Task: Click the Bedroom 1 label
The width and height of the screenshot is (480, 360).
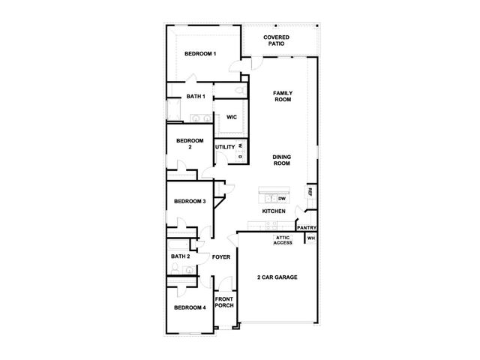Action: (x=200, y=54)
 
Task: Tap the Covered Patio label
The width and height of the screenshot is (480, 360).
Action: (x=276, y=40)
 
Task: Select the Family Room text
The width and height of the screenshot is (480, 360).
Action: (x=283, y=96)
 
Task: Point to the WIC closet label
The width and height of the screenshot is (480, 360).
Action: (x=232, y=117)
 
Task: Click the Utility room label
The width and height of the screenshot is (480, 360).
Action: (x=225, y=147)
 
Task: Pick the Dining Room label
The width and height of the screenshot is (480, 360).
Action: (x=282, y=160)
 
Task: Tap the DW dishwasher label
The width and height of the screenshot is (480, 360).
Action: (x=282, y=199)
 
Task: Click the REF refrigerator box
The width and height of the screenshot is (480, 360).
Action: (x=310, y=192)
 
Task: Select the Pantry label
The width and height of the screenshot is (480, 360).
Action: (x=307, y=228)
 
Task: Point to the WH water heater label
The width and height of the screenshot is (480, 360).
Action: (x=310, y=238)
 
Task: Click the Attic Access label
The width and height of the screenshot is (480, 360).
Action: (x=283, y=240)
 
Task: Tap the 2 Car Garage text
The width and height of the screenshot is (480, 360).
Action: (x=277, y=277)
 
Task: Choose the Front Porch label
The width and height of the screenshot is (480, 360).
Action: (x=224, y=302)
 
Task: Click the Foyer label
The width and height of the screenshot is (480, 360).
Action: (x=221, y=257)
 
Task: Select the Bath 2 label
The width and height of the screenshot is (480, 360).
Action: (x=180, y=256)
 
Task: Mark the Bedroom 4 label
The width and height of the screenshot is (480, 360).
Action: (x=190, y=307)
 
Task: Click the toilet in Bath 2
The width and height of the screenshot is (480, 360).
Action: (x=175, y=268)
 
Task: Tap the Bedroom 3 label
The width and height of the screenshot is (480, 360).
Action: (x=190, y=202)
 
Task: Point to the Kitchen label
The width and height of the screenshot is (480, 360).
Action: (x=274, y=211)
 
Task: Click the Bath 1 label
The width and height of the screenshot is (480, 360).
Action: (x=196, y=97)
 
